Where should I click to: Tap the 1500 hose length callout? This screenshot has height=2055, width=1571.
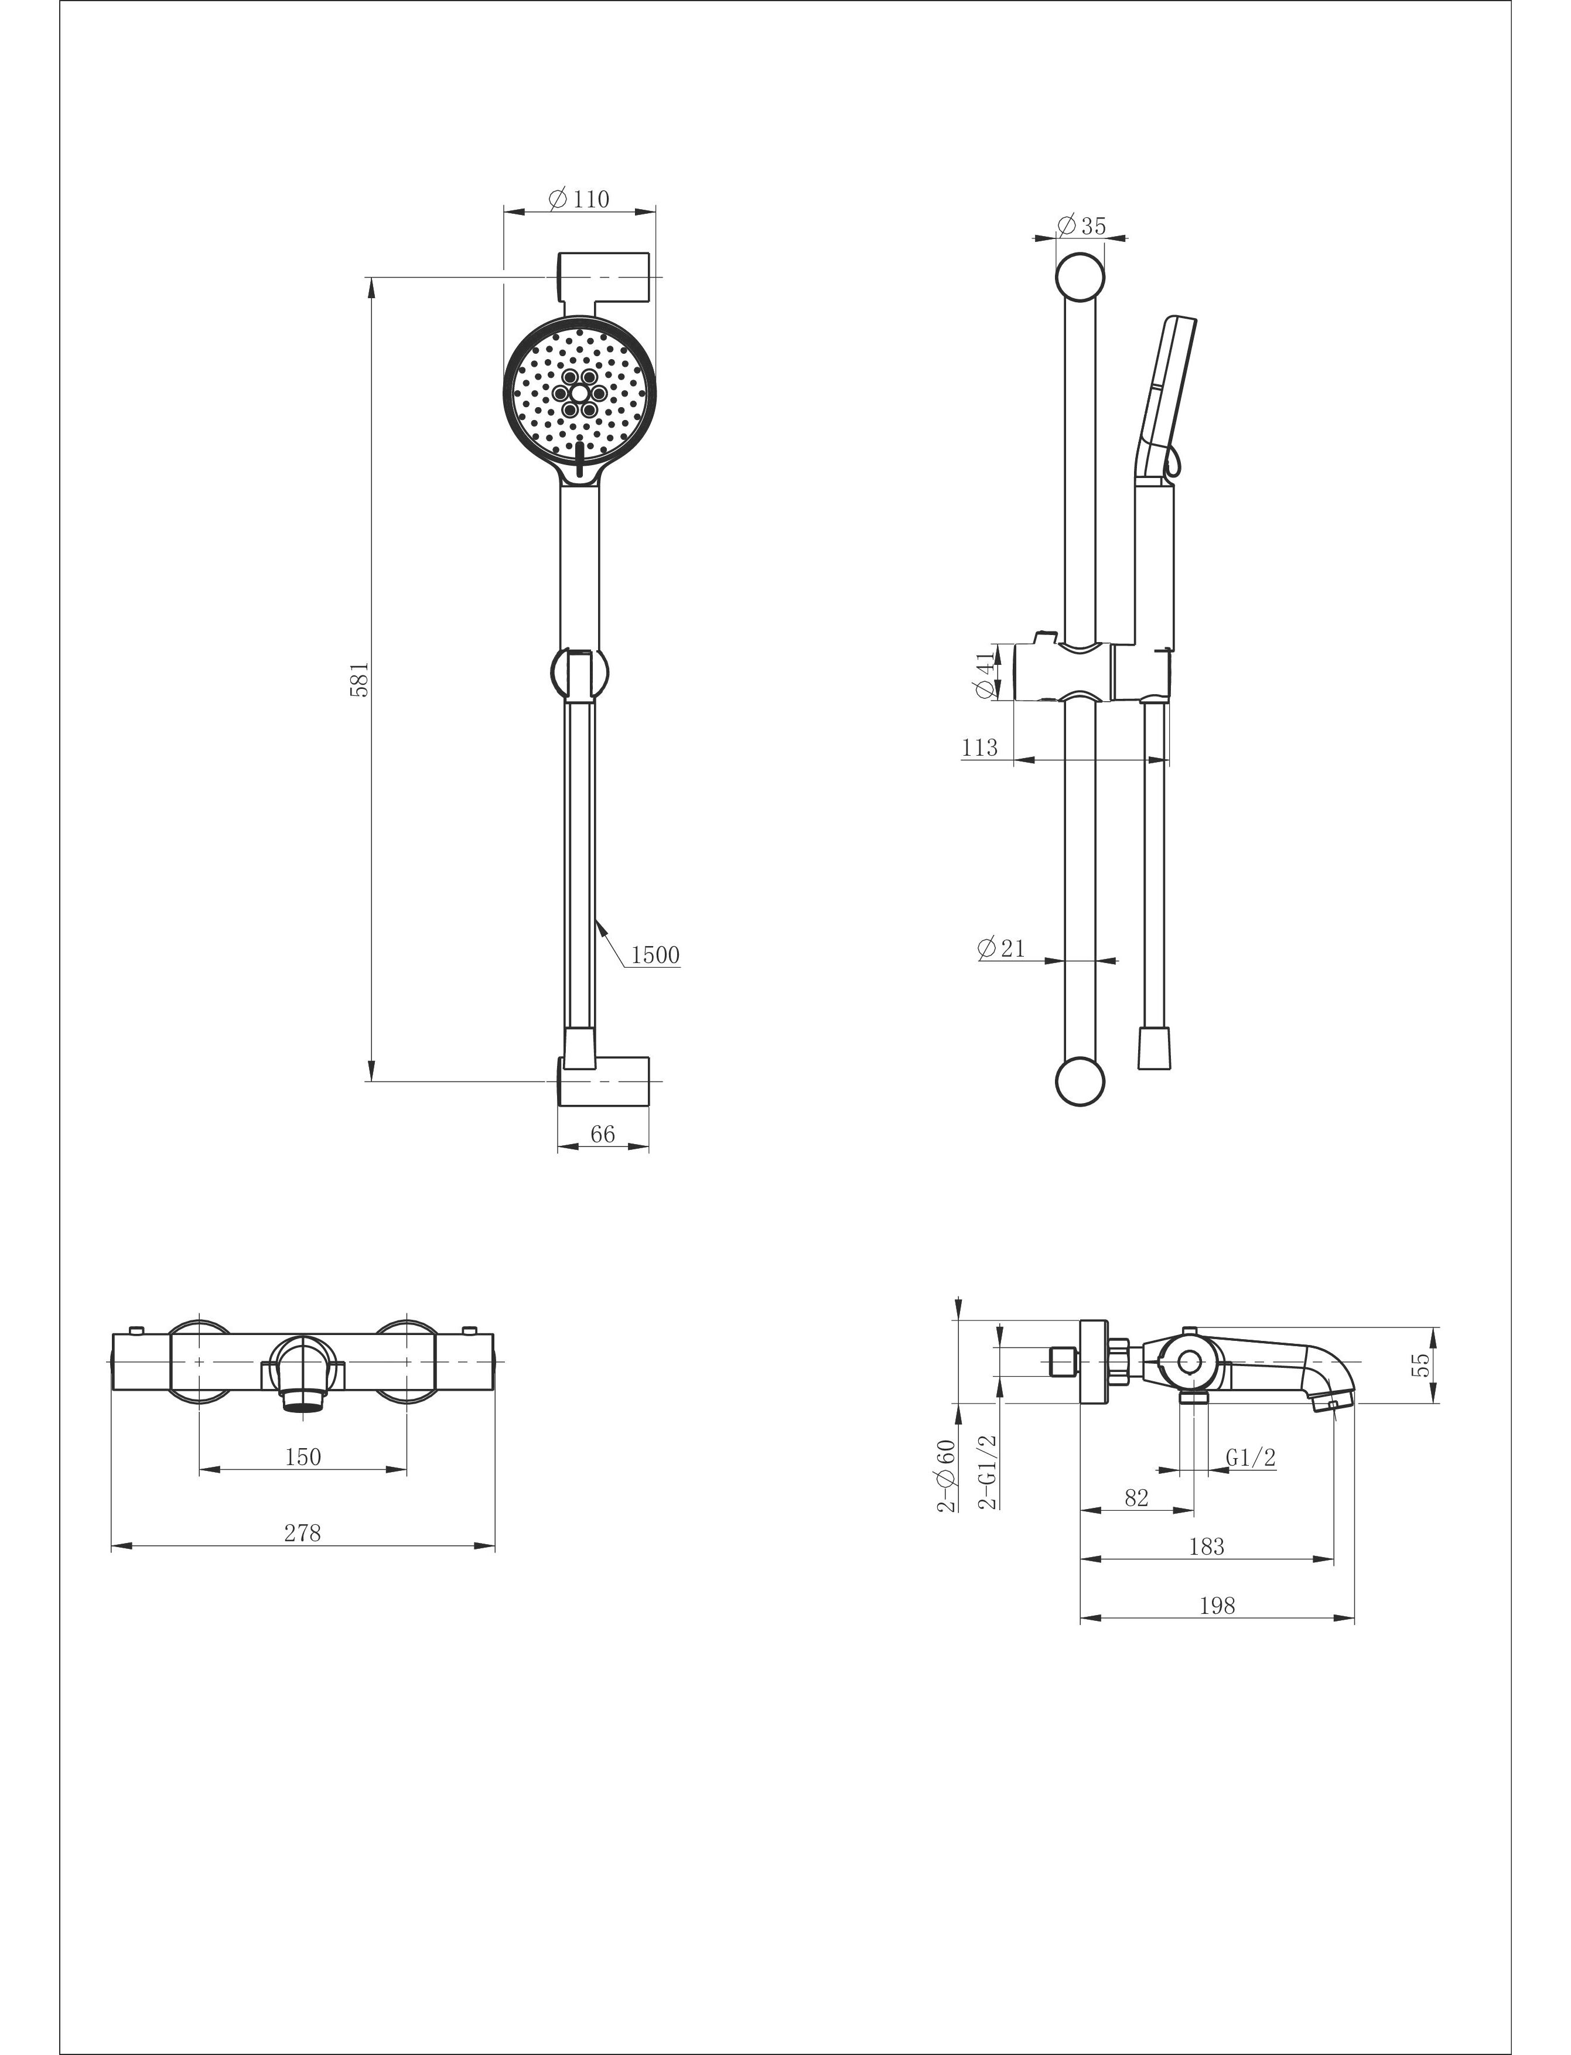coord(655,955)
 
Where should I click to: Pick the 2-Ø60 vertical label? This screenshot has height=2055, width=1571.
coord(947,1475)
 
